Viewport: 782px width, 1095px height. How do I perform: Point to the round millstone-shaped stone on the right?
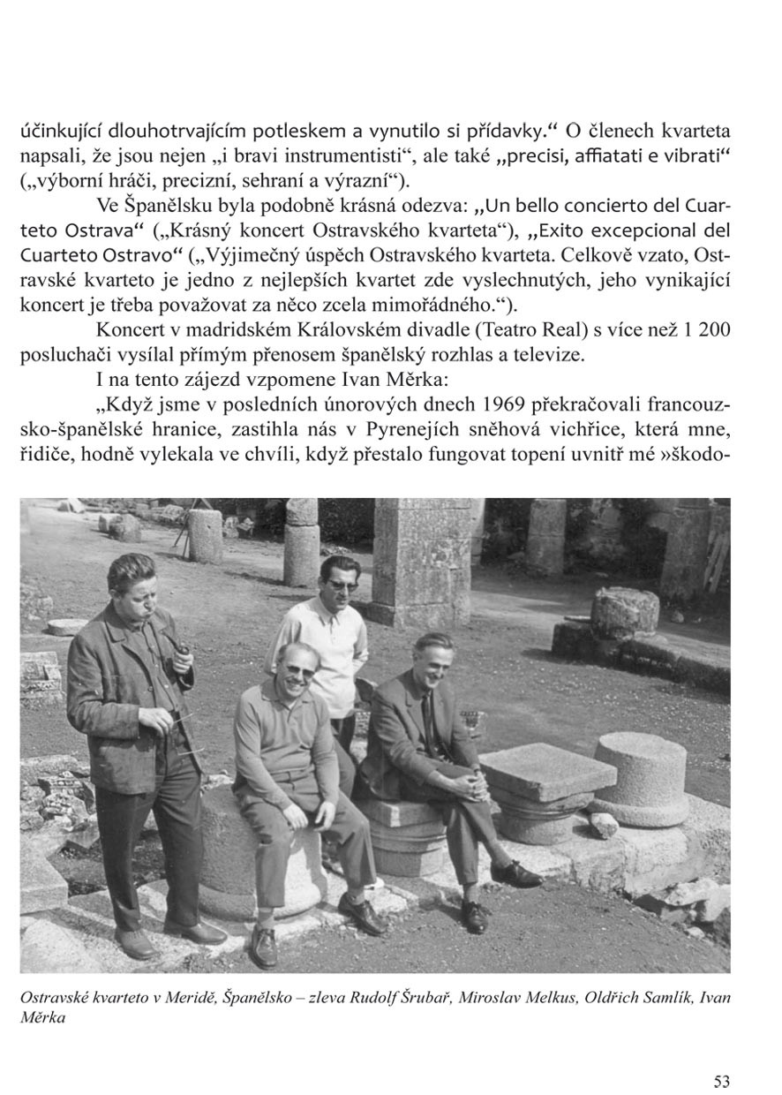640,777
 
